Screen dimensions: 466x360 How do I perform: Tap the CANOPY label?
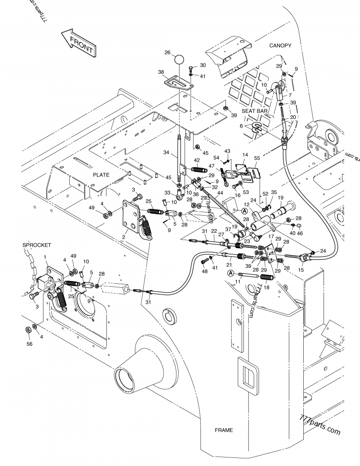coord(280,45)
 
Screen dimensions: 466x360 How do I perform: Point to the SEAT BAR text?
coord(255,111)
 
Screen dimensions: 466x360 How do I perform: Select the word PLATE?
coord(101,174)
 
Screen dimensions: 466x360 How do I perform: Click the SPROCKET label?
coord(36,245)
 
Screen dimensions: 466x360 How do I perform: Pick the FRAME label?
coord(224,430)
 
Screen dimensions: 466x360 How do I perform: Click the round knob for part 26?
coord(179,59)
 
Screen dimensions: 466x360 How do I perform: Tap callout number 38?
coord(161,72)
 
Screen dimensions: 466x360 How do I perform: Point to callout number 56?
coord(30,344)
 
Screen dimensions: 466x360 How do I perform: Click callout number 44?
coord(220,193)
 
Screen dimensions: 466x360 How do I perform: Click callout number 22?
coord(214,231)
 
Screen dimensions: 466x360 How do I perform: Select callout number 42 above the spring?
coord(197,160)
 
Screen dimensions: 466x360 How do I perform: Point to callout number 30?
coord(202,65)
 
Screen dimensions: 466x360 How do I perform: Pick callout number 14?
coord(245,155)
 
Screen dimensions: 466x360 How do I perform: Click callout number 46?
coord(300,233)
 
